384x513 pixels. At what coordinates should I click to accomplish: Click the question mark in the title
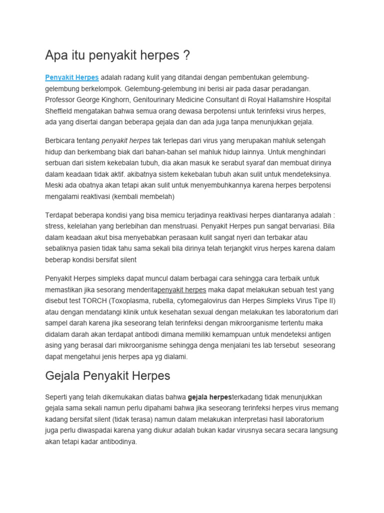[x=186, y=55]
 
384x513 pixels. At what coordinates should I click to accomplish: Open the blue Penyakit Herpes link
[x=72, y=78]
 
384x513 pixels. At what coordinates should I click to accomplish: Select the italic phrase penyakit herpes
[x=126, y=141]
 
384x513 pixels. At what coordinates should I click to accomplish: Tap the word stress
[x=54, y=226]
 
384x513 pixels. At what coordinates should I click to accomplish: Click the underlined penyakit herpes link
[x=182, y=290]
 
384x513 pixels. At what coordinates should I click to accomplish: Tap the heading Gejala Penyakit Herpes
[x=107, y=375]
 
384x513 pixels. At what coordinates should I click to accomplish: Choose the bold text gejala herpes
[x=210, y=397]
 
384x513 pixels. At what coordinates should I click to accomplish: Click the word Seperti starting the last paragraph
[x=57, y=397]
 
